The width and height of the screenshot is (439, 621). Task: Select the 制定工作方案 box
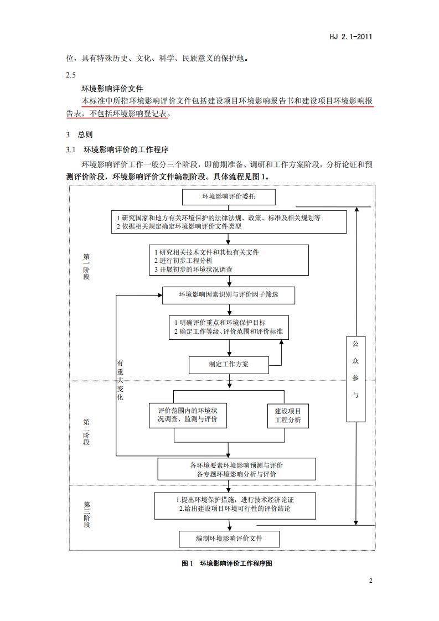tap(229, 364)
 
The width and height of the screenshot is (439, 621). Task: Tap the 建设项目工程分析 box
tap(287, 416)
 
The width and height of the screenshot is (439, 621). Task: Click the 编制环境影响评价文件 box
tap(229, 538)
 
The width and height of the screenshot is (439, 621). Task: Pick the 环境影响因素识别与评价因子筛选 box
tap(228, 294)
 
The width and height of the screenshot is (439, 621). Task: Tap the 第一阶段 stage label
tap(86, 266)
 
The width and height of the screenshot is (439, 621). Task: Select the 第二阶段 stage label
tap(86, 433)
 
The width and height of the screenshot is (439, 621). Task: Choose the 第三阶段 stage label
tap(86, 514)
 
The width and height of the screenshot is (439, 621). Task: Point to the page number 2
tap(370, 581)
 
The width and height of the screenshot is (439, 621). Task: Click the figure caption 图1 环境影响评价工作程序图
tap(228, 563)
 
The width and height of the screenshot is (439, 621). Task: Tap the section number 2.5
tap(70, 75)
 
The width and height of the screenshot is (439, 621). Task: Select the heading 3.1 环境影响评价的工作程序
tap(117, 149)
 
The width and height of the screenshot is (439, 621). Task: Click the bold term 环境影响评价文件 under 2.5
tap(112, 87)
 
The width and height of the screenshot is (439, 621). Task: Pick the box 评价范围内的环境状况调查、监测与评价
tap(188, 416)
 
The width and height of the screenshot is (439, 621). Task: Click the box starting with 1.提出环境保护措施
tap(235, 504)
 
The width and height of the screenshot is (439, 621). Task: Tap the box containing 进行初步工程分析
tap(229, 260)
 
